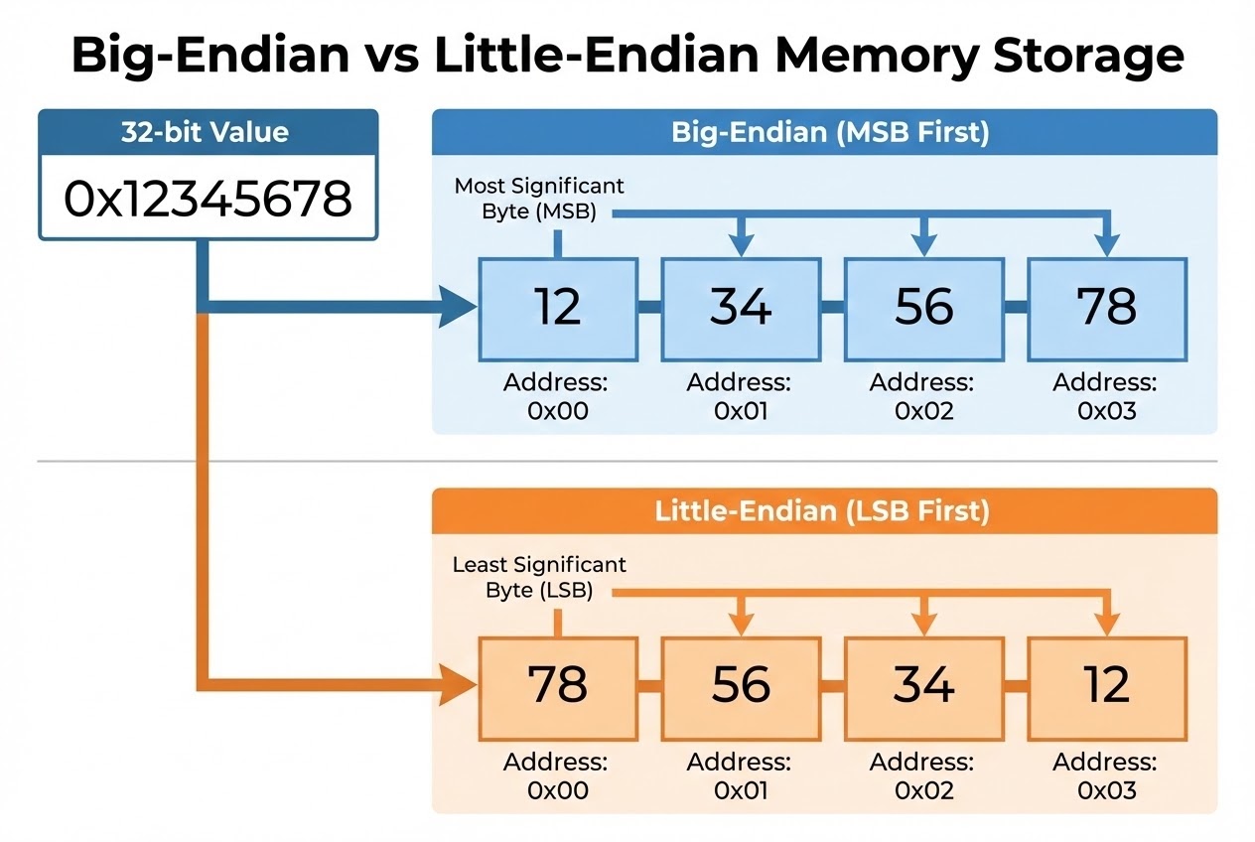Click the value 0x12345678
tap(208, 199)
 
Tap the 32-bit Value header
tap(208, 131)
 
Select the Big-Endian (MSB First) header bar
tap(824, 131)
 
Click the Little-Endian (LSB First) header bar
tap(824, 511)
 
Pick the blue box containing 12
tap(557, 308)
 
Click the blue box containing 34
tap(741, 308)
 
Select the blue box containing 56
tap(924, 308)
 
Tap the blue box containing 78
tap(1107, 308)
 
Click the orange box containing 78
tap(557, 685)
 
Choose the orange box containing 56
tap(741, 685)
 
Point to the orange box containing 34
tap(924, 685)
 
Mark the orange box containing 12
tap(1107, 685)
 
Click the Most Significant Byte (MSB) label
tap(539, 199)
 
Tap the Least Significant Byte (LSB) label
tap(539, 577)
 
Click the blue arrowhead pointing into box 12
tap(458, 308)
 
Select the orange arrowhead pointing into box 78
tap(458, 685)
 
